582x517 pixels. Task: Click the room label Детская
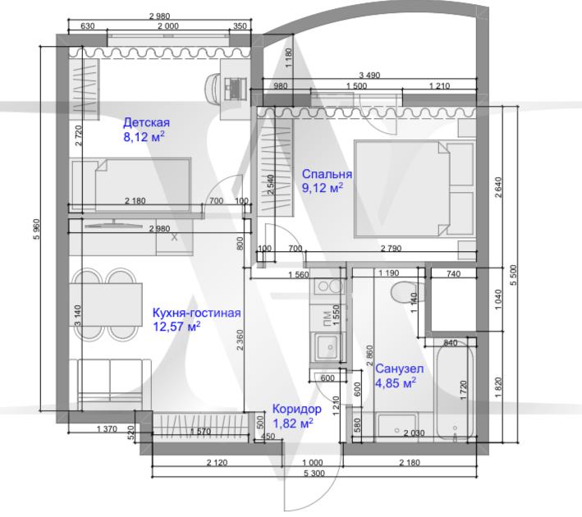[146, 122]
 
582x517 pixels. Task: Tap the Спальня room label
[327, 174]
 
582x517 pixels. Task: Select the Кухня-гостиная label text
[197, 313]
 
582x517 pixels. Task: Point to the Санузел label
[400, 368]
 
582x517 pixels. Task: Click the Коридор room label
[296, 409]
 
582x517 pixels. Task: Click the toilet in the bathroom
[404, 292]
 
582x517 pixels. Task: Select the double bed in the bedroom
[414, 188]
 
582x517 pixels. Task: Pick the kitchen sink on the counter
[327, 347]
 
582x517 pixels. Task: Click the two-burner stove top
[329, 286]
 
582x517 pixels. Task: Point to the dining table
[106, 304]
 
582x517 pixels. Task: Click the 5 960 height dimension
[36, 229]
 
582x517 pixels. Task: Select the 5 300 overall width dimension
[314, 474]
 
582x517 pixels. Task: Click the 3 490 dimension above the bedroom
[369, 75]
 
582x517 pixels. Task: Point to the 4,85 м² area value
[396, 382]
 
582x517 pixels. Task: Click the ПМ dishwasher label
[328, 318]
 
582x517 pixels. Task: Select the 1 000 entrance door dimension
[313, 463]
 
